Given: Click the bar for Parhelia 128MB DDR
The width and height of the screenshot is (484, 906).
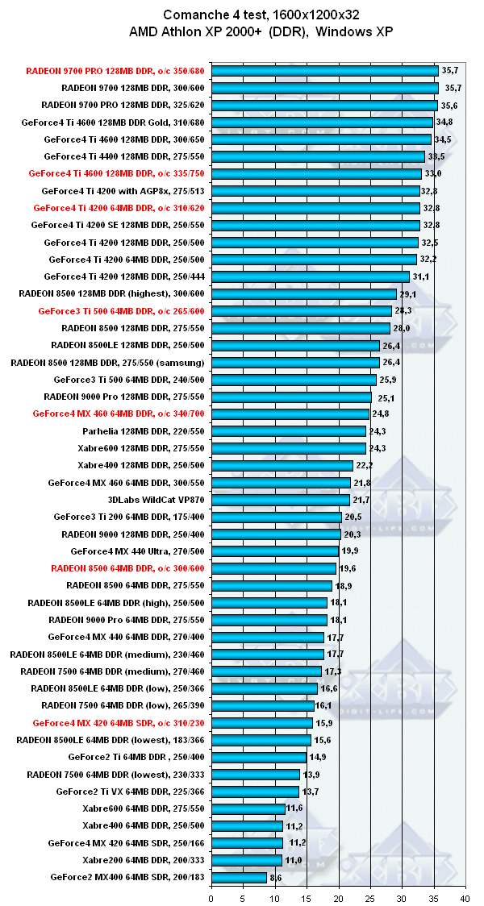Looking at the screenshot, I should coord(289,431).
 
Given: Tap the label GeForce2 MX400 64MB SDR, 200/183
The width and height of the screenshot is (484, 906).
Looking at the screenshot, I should coord(128,877).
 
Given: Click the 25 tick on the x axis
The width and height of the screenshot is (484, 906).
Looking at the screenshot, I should coord(369,896).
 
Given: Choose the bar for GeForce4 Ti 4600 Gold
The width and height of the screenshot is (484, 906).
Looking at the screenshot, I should coord(322,123).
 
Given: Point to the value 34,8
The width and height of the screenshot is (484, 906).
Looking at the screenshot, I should coord(444,123).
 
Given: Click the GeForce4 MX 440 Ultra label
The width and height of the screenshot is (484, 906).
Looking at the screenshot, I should coord(138,551).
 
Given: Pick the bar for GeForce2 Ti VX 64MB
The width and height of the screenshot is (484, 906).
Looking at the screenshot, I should coord(255,792).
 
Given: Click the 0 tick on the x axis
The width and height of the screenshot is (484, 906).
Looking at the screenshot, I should coord(211,896).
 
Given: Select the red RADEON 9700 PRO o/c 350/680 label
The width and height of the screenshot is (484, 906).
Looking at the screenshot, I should coord(115,71).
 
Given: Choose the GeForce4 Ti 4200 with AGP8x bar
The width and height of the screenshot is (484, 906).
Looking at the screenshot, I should coord(315,191).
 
